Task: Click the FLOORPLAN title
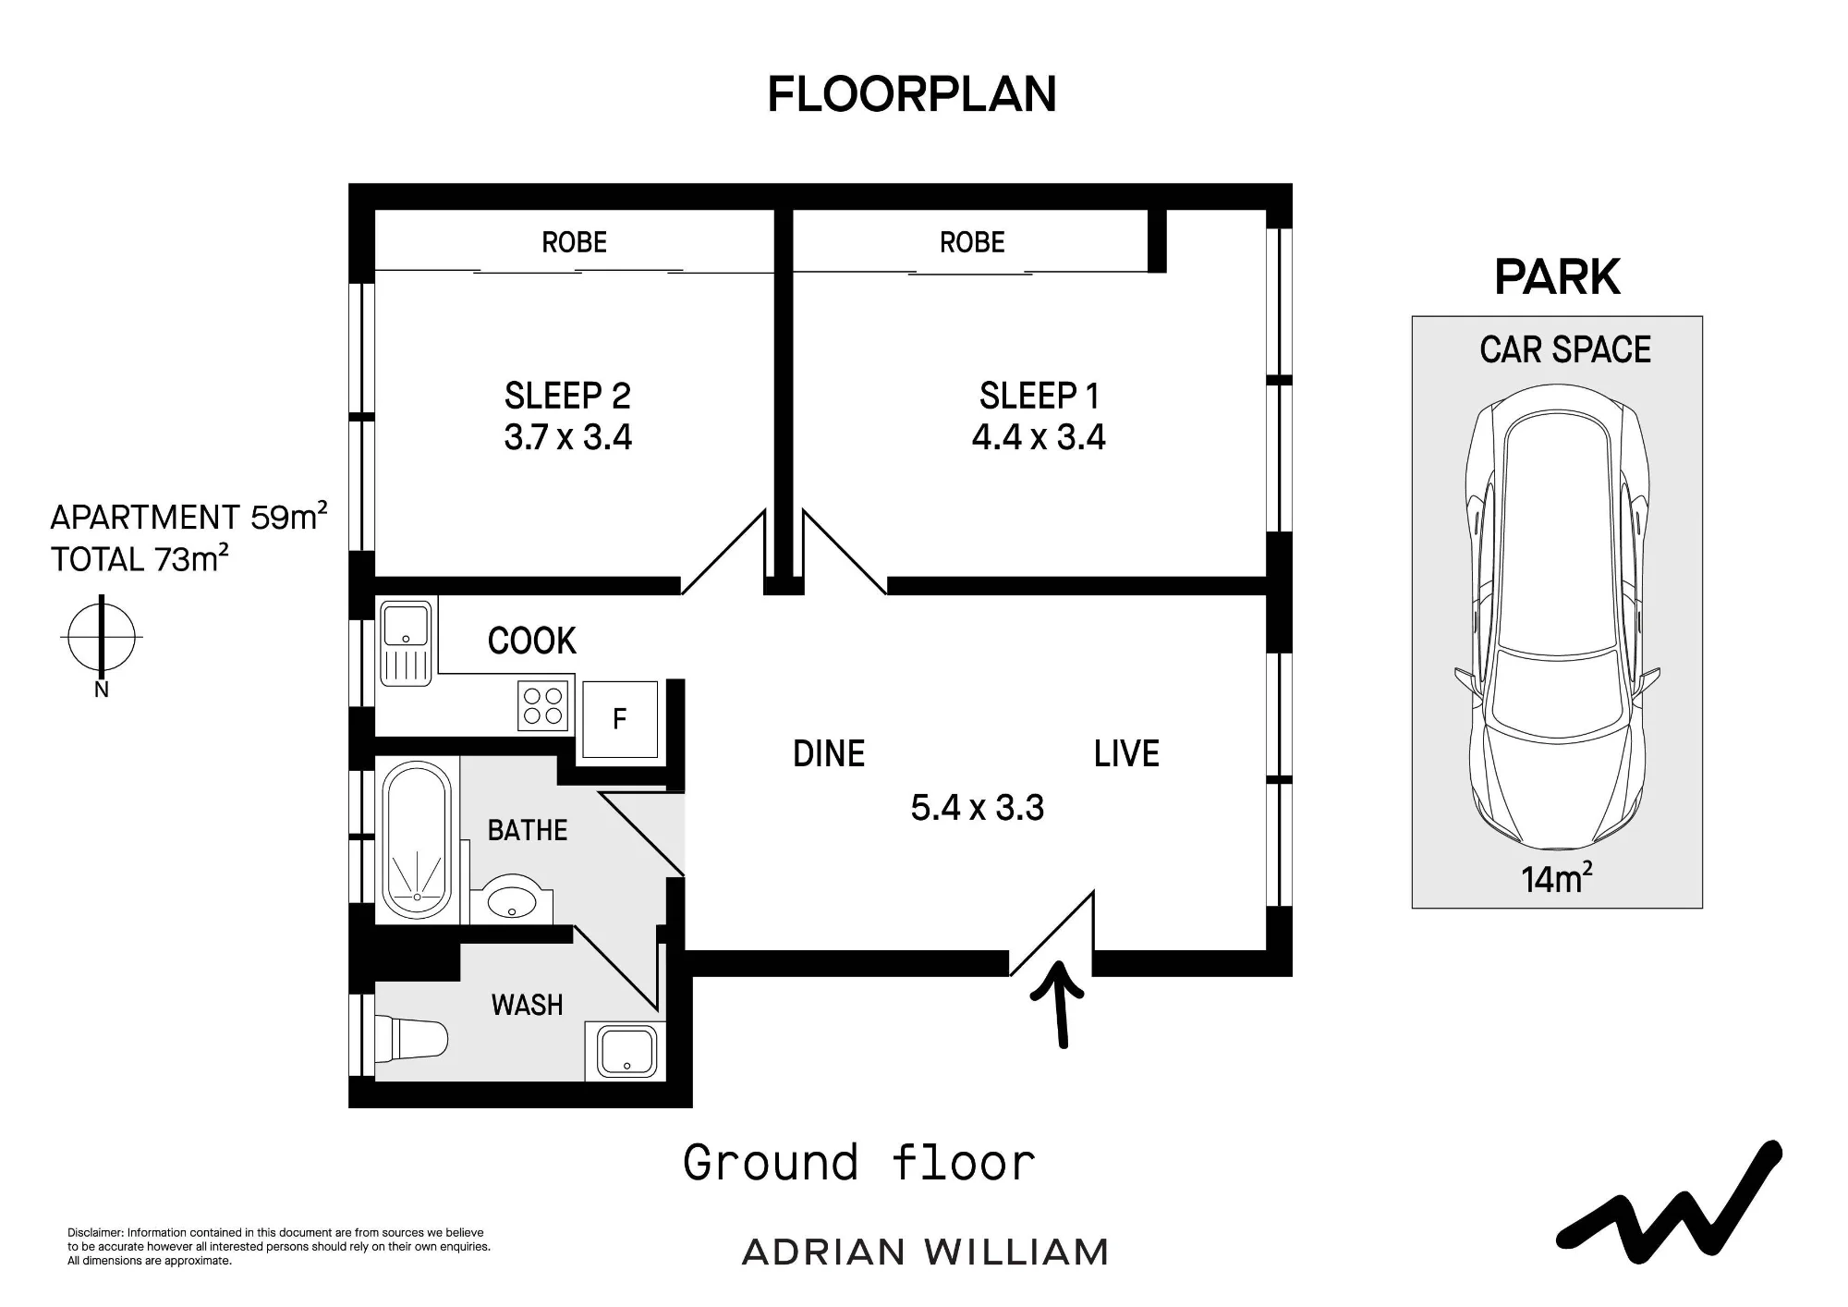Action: [912, 94]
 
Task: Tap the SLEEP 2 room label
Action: [567, 396]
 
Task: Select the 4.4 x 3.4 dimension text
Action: [1039, 437]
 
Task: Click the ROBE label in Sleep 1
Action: [972, 242]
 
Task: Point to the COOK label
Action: [532, 641]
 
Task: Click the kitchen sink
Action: [406, 643]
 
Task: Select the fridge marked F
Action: [620, 719]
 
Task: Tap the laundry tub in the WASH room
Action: [626, 1051]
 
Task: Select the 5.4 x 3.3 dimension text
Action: [978, 808]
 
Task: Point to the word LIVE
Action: [1126, 754]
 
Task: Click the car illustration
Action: [1557, 617]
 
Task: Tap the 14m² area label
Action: [1557, 878]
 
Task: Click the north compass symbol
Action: [102, 637]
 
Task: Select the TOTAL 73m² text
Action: [140, 558]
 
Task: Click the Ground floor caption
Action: [859, 1163]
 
